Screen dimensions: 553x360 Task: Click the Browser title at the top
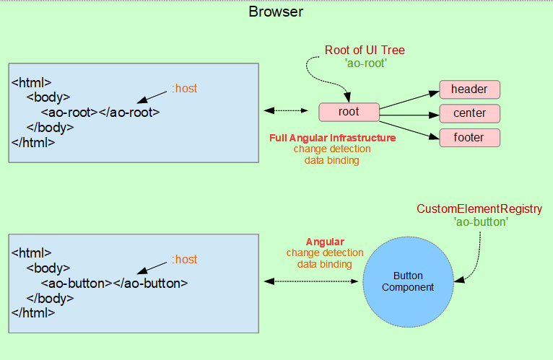click(x=276, y=12)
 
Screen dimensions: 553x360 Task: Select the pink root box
click(x=349, y=112)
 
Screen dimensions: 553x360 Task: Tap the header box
click(x=469, y=89)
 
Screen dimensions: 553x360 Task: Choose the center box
click(x=469, y=113)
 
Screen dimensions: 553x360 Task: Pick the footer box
click(x=469, y=138)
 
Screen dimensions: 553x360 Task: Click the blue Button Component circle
click(x=408, y=282)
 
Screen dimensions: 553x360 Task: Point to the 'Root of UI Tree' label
click(x=365, y=50)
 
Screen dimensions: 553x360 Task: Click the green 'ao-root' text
click(x=366, y=63)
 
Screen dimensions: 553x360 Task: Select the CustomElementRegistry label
click(x=479, y=208)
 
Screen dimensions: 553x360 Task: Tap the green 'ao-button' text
click(x=481, y=221)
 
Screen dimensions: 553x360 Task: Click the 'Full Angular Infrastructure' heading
click(x=333, y=138)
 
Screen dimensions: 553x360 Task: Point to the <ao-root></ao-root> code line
click(x=100, y=113)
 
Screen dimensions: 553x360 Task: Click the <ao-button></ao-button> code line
click(x=114, y=284)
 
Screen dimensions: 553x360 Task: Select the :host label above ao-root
click(x=184, y=88)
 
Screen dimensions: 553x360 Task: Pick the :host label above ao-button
click(x=184, y=259)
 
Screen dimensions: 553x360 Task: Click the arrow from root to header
click(x=409, y=100)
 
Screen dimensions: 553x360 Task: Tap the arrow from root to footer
click(x=409, y=130)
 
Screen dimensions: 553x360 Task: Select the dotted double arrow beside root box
click(x=286, y=110)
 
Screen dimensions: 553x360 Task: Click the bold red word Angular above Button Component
click(x=325, y=242)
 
